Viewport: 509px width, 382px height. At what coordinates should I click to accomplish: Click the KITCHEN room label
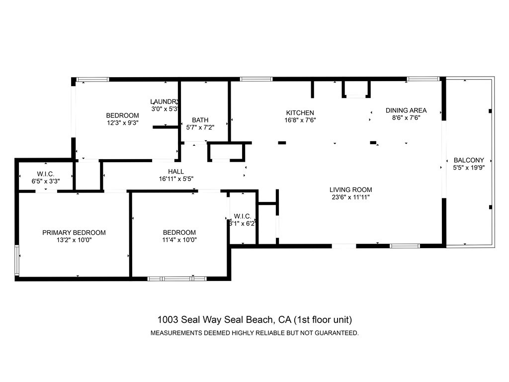point(300,113)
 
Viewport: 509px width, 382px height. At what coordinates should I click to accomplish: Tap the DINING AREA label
point(406,110)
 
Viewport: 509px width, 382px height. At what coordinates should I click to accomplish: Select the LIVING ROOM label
point(350,190)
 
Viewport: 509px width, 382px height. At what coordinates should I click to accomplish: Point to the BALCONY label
point(469,160)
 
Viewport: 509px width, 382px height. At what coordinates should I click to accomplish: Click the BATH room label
point(200,120)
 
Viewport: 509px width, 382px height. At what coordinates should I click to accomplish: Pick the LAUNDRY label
point(165,101)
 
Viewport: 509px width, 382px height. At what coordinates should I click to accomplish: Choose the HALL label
point(176,172)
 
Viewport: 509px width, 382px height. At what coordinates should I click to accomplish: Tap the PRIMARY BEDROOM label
point(74,232)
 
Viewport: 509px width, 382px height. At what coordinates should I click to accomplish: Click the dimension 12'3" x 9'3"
point(122,122)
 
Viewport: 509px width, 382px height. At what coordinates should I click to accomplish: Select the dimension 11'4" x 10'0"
point(179,240)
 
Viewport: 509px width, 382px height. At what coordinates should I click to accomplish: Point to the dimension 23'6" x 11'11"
point(350,197)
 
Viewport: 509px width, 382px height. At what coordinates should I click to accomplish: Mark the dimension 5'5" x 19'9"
point(469,168)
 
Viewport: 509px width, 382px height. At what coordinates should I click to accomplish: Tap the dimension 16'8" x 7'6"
point(300,120)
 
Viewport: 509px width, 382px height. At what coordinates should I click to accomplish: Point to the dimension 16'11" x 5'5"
point(176,179)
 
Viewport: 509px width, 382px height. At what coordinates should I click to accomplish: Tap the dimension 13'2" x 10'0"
point(74,240)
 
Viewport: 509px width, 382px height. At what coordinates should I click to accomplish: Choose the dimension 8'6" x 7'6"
point(406,118)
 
